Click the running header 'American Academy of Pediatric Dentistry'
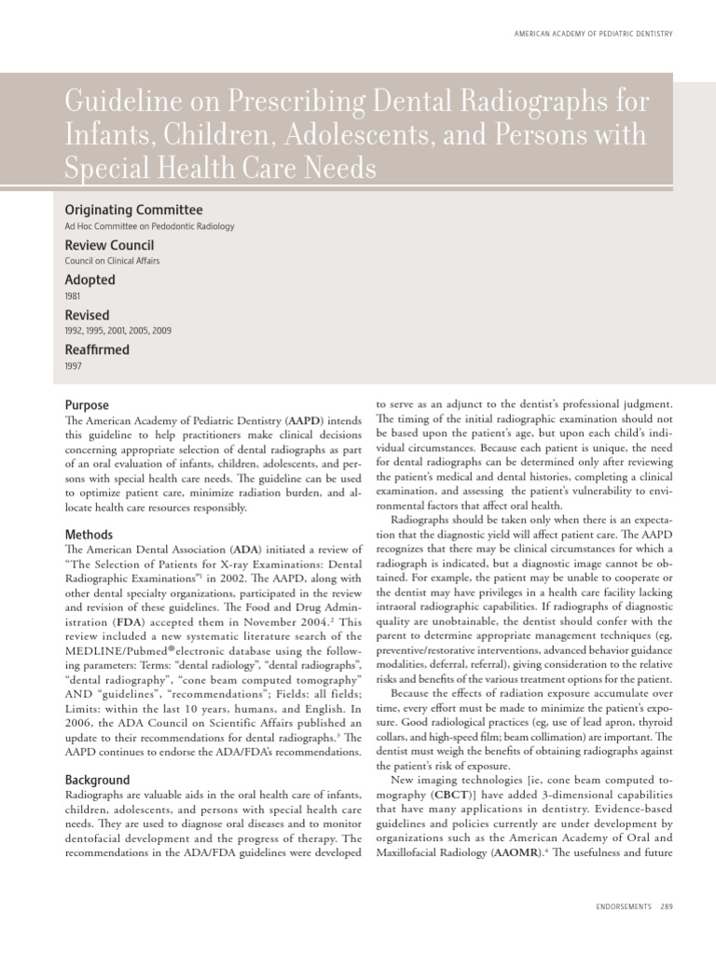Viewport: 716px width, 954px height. (593, 34)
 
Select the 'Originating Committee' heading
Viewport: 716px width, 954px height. (133, 211)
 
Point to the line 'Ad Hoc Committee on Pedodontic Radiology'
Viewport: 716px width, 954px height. (149, 226)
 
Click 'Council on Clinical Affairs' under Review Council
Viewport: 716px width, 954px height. (112, 261)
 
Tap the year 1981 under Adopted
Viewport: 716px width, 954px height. (74, 296)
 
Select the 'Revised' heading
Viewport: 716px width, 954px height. (87, 315)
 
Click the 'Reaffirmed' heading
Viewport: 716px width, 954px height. (97, 350)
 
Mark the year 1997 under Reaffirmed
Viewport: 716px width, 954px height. (74, 366)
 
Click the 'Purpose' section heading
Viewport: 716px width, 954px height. (87, 405)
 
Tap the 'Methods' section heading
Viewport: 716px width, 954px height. (89, 535)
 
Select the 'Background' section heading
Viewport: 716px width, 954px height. (97, 779)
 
